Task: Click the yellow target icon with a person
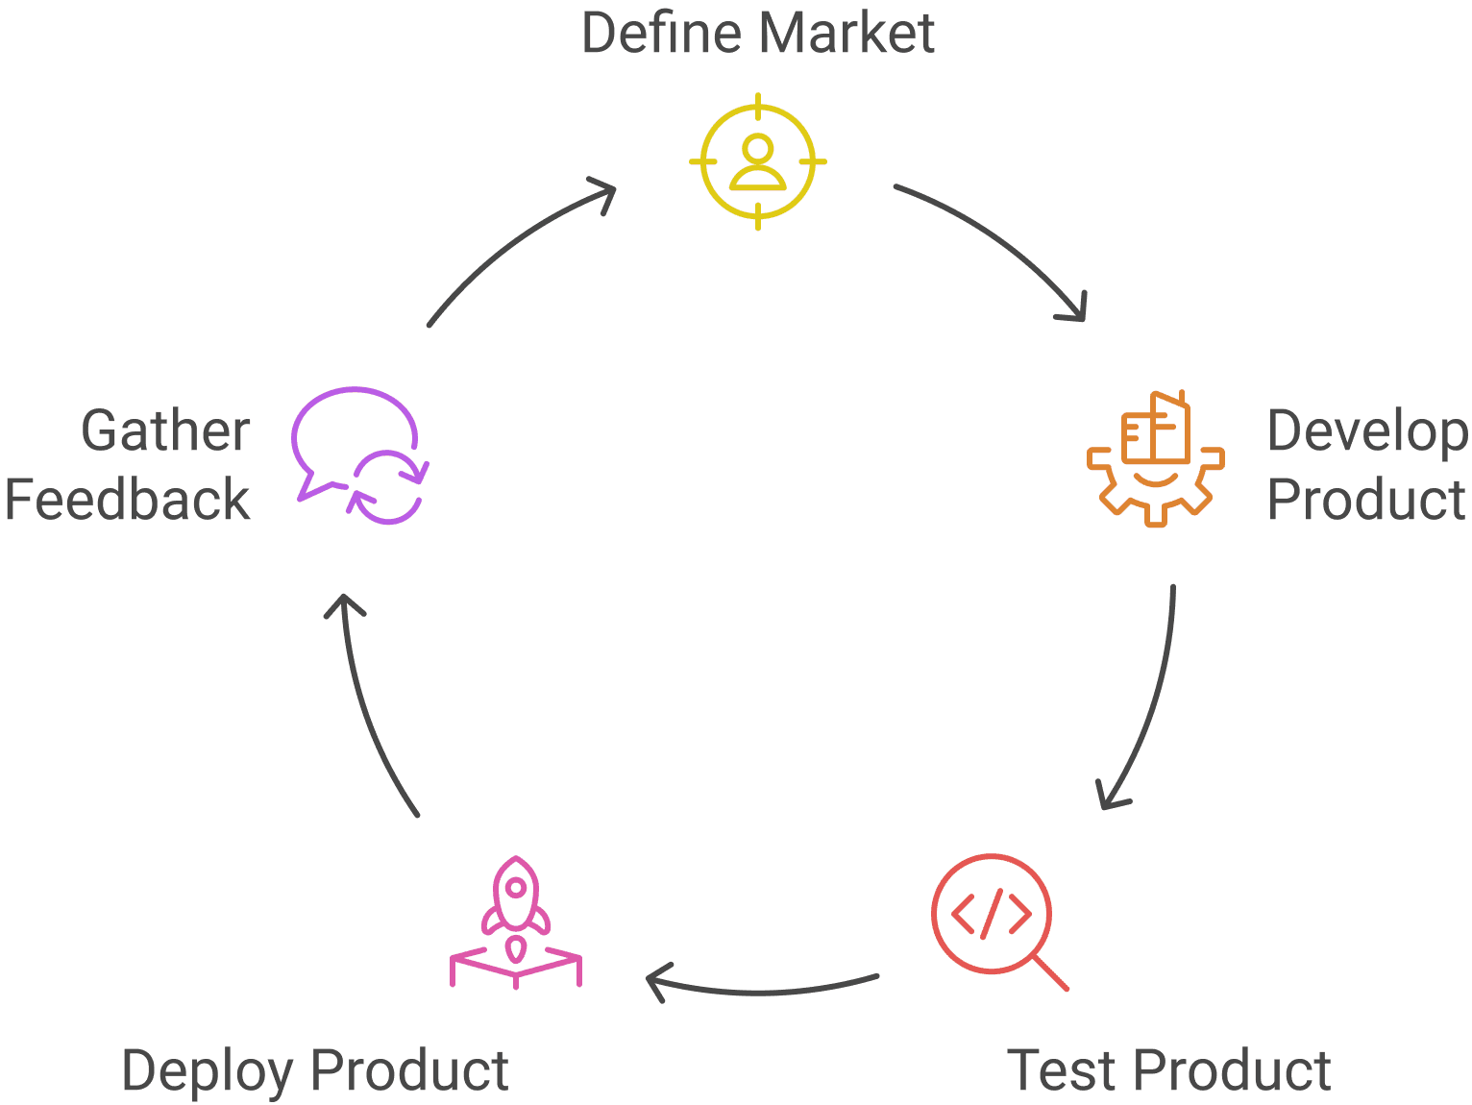tap(757, 161)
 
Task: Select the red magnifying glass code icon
tap(993, 914)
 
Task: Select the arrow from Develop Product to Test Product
tap(1153, 701)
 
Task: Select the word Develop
tap(1367, 432)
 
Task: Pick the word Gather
tap(165, 430)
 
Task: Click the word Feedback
tap(127, 500)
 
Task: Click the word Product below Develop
tap(1366, 500)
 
